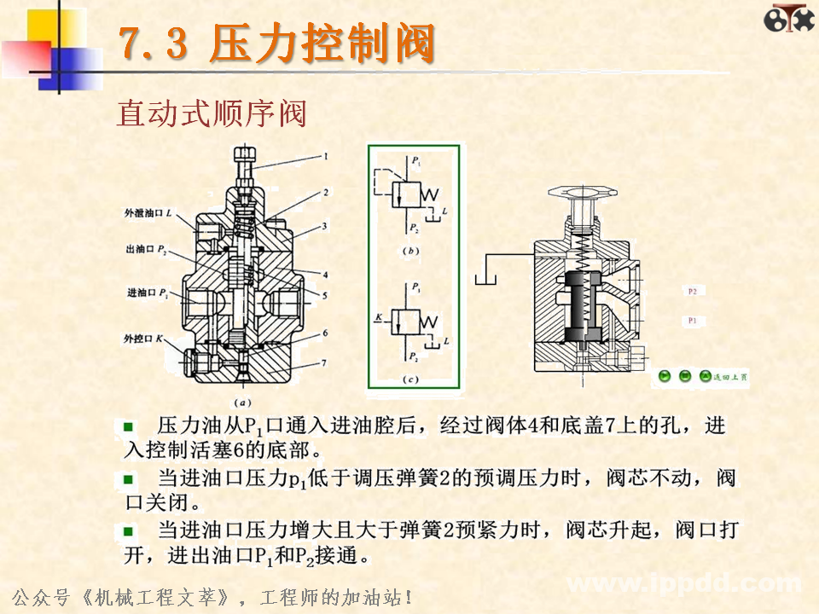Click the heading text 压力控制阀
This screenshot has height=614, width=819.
[322, 44]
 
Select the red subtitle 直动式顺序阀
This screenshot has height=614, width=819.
[211, 113]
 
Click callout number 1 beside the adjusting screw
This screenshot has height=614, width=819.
[325, 156]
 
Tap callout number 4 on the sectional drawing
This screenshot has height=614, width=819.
[324, 275]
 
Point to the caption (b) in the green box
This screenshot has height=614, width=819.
[412, 252]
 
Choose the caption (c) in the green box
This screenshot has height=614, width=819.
[412, 378]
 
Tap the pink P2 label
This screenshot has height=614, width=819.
[693, 292]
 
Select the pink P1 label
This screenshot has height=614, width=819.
[693, 321]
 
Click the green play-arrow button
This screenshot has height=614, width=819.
[664, 376]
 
